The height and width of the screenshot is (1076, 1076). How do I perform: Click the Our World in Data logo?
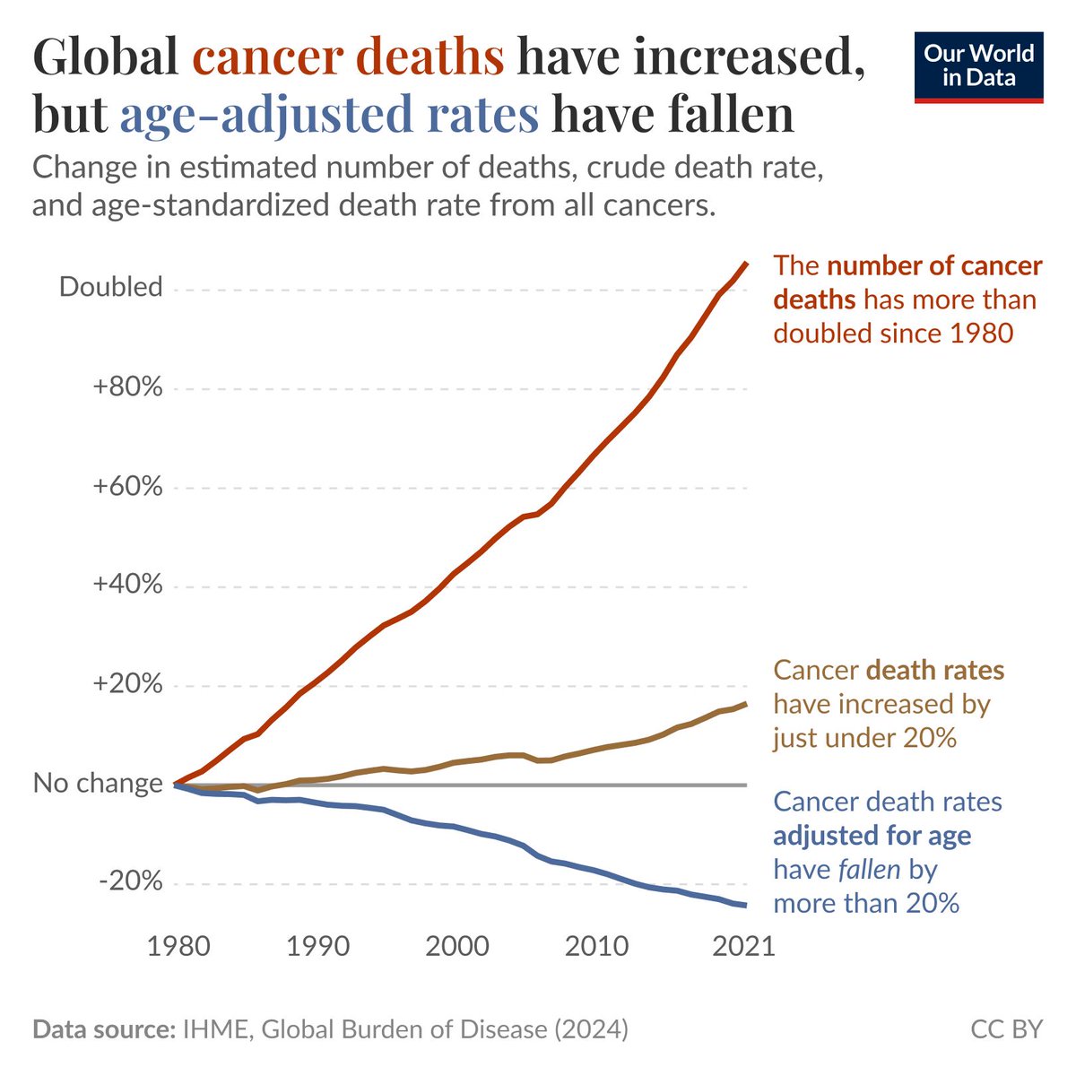click(x=978, y=67)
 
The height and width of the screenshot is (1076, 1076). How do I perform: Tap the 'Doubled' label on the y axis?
click(x=110, y=287)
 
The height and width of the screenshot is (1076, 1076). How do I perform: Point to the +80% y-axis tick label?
click(x=127, y=386)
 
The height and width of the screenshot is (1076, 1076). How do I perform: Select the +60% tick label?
click(x=127, y=486)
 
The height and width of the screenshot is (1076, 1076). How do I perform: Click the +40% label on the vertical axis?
click(x=127, y=584)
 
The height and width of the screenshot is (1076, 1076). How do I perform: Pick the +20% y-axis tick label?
click(x=127, y=683)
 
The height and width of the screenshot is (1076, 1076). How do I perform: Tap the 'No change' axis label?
click(x=98, y=783)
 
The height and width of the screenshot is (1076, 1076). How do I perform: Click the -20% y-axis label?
click(x=131, y=882)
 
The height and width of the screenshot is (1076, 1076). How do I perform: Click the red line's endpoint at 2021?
click(x=747, y=263)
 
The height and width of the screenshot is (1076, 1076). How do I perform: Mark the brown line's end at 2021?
click(x=747, y=704)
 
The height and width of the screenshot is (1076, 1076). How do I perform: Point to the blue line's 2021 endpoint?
click(x=747, y=905)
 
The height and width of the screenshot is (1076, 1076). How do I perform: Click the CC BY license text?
click(x=1007, y=1029)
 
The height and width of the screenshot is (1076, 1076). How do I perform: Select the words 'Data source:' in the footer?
click(x=104, y=1029)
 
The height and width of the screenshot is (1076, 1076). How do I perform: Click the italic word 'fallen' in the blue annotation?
click(x=870, y=869)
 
